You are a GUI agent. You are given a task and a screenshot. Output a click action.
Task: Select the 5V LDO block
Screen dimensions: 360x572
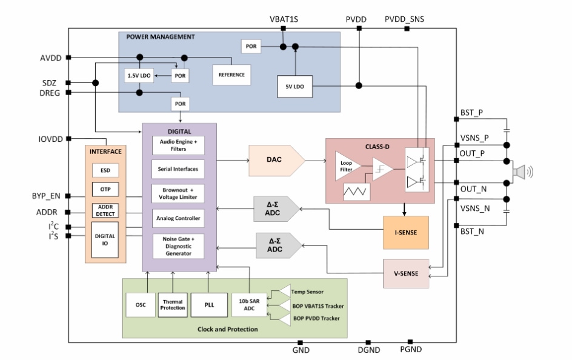coord(294,87)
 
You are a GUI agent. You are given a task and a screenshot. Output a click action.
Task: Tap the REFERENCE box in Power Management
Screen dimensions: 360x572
coord(231,75)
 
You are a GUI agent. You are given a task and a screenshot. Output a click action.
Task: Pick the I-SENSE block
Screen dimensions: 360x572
coord(405,232)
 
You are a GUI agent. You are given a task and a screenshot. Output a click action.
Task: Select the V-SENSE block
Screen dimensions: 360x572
coord(405,273)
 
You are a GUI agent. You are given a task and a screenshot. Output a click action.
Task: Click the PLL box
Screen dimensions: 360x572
coord(208,304)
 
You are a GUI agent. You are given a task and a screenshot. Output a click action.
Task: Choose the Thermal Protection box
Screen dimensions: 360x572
coord(173,304)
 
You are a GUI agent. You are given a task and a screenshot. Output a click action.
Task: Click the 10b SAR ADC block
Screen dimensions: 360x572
coord(249,304)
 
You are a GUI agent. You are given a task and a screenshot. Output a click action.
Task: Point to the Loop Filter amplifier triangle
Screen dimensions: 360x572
coord(347,165)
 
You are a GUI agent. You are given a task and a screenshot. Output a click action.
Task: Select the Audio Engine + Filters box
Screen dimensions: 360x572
coord(178,145)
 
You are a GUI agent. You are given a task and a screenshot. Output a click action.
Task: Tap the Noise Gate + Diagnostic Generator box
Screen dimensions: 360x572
coord(178,245)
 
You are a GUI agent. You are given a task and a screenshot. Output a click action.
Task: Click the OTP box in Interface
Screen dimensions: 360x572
coord(105,190)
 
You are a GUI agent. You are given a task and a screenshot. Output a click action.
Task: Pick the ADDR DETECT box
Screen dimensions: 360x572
coord(105,210)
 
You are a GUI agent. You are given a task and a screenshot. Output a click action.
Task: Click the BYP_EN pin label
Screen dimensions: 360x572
coord(46,196)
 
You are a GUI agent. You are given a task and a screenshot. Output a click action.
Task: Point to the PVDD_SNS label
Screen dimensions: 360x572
coord(404,19)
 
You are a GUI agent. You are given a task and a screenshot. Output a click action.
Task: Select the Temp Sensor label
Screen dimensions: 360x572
coord(307,292)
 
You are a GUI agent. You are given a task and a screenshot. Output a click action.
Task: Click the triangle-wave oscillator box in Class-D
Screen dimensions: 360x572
coord(357,193)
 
